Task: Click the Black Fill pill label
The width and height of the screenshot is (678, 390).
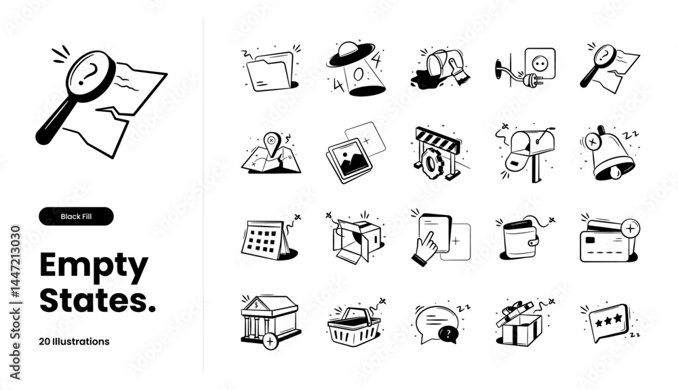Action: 76,216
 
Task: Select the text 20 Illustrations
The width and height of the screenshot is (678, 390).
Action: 74,342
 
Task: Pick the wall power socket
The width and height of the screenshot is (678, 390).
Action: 540,63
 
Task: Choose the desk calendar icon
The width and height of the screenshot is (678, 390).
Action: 264,239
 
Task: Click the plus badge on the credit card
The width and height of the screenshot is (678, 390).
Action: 630,228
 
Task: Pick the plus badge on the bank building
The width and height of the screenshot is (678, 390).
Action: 271,341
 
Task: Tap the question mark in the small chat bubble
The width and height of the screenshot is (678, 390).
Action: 448,334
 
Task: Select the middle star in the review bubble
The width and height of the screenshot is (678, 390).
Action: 608,320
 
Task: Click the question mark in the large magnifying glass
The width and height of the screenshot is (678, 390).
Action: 87,73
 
